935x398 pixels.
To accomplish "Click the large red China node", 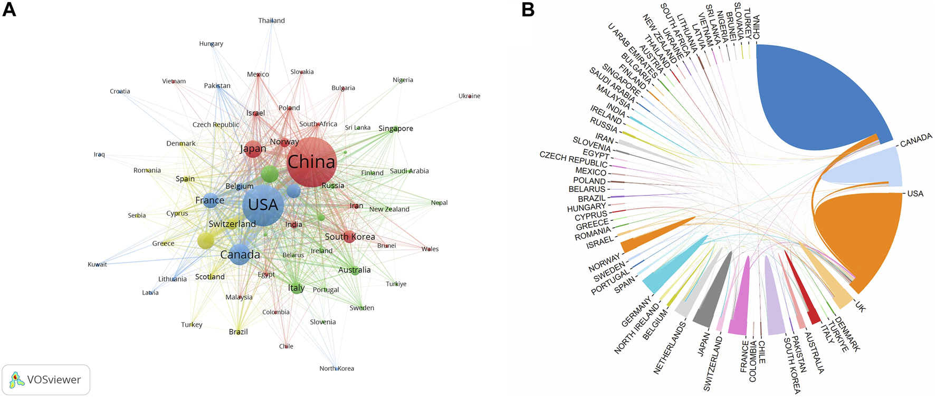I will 311,162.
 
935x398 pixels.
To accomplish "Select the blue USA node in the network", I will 263,205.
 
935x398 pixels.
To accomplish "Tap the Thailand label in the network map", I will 271,21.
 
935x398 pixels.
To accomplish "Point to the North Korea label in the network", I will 337,368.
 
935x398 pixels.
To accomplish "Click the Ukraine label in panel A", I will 469,96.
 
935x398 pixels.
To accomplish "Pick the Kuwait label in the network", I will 97,265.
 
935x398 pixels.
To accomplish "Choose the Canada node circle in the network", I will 240,255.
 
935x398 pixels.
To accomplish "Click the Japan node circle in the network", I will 253,149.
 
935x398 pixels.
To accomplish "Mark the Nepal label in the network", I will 439,202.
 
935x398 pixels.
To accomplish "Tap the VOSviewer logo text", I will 54,380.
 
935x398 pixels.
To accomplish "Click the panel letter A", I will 9,9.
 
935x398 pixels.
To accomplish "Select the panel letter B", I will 528,9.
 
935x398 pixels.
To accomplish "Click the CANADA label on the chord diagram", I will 916,140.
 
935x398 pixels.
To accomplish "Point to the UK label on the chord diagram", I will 860,307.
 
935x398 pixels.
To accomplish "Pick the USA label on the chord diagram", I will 915,193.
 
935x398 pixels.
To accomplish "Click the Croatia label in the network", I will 120,91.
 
